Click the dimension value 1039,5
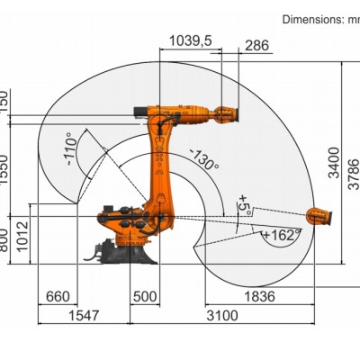click(x=191, y=40)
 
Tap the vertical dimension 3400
click(x=334, y=164)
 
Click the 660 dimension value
click(x=56, y=296)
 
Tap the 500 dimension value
click(x=144, y=296)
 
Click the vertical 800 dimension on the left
click(x=4, y=239)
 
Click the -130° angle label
click(x=203, y=159)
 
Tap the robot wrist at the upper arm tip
click(x=224, y=113)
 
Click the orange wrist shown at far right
click(x=318, y=216)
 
